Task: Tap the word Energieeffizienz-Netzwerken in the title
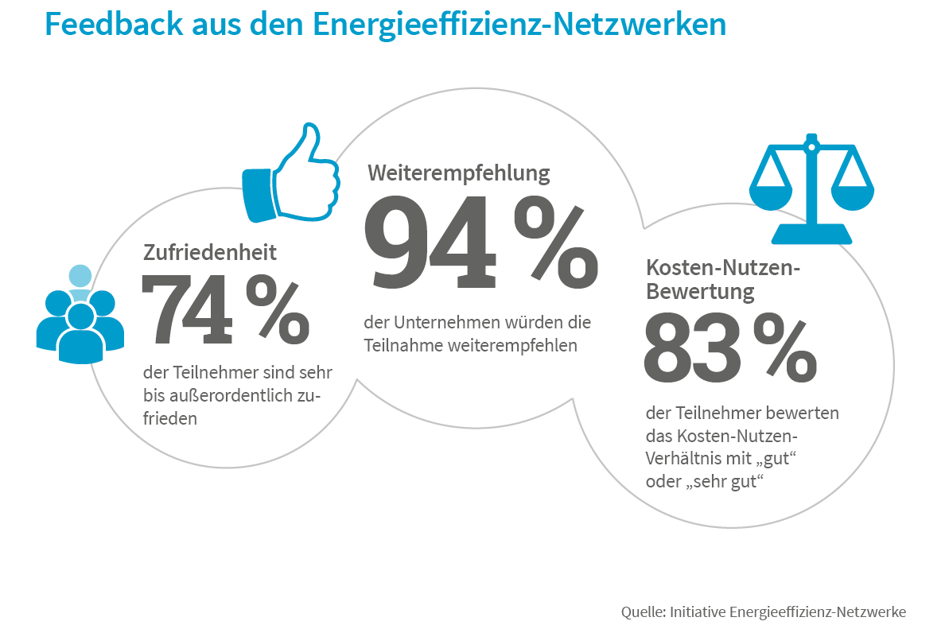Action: (519, 24)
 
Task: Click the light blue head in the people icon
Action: (80, 276)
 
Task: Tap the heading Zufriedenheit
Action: (210, 253)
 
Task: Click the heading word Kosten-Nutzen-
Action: (723, 267)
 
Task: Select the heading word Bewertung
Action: (700, 292)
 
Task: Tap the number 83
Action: (691, 348)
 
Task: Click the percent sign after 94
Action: (555, 245)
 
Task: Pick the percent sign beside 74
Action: (277, 312)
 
